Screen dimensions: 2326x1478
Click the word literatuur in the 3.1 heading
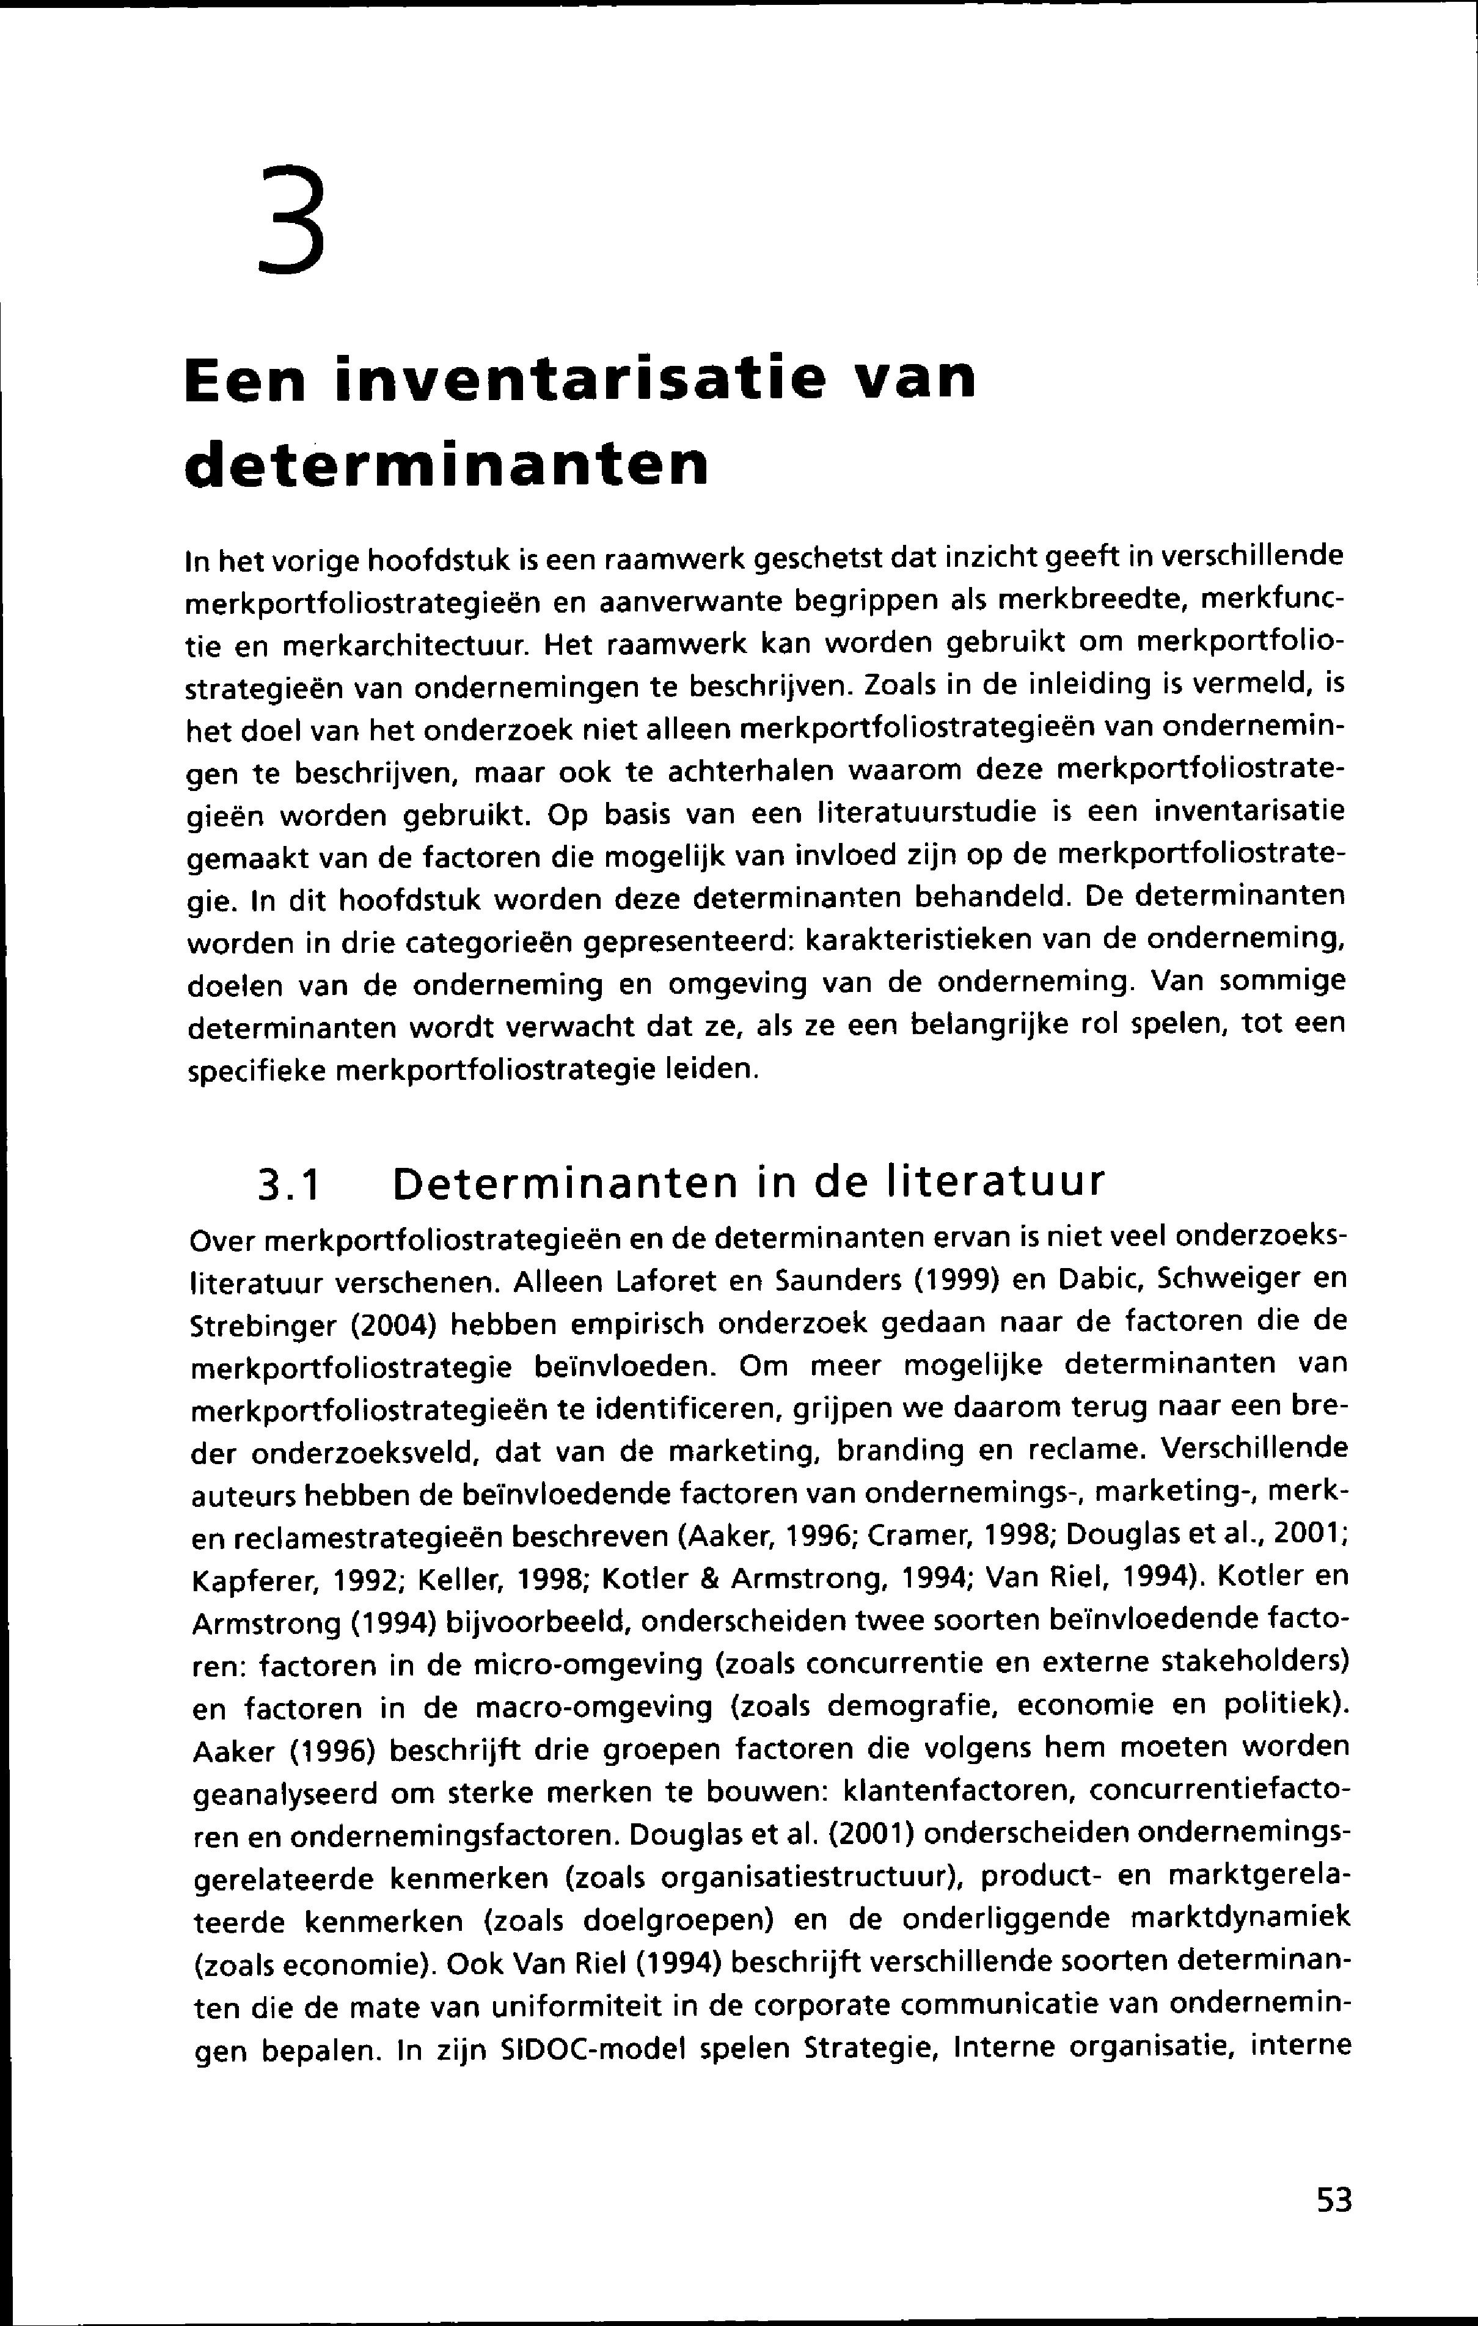pos(995,1181)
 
